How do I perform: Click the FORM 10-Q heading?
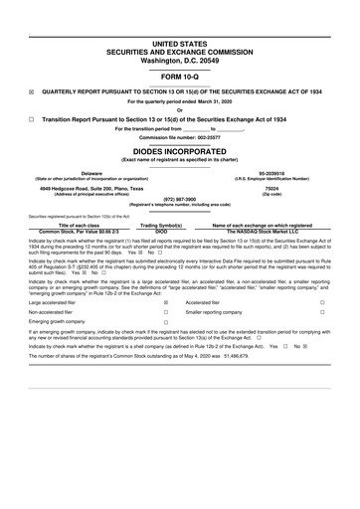[x=179, y=76]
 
